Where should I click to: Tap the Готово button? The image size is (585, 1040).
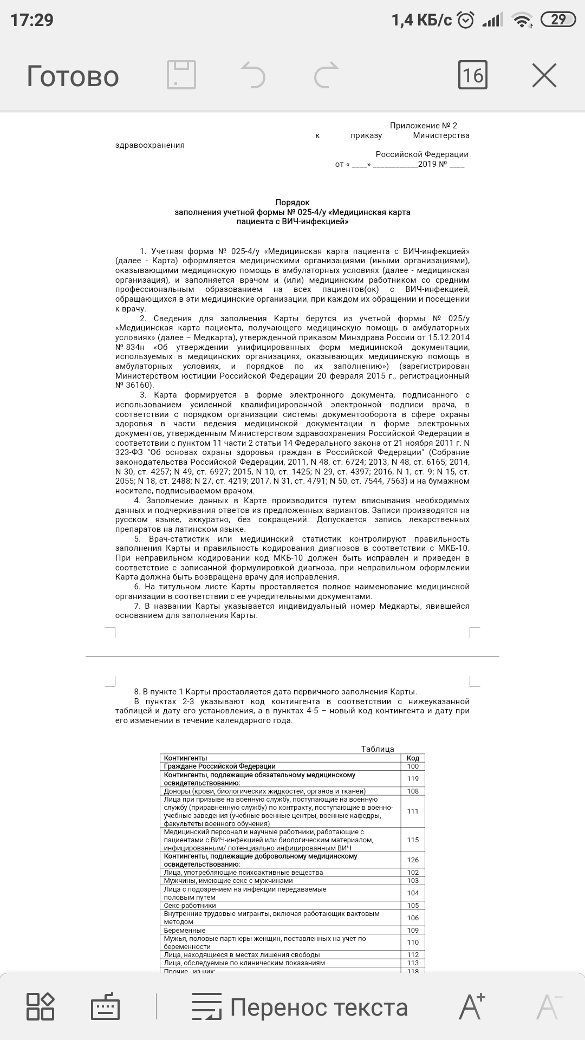pyautogui.click(x=73, y=76)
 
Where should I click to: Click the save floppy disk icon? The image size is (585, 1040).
pyautogui.click(x=181, y=75)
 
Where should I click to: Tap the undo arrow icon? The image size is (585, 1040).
pyautogui.click(x=253, y=75)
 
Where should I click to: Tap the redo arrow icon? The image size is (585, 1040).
pyautogui.click(x=326, y=75)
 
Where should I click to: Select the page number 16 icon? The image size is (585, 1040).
pyautogui.click(x=472, y=75)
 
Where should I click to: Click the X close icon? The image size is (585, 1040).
pyautogui.click(x=544, y=75)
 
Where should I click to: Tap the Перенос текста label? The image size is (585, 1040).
pyautogui.click(x=318, y=1007)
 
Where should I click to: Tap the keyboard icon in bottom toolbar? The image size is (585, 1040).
pyautogui.click(x=105, y=1007)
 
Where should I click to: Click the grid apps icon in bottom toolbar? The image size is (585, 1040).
pyautogui.click(x=41, y=1007)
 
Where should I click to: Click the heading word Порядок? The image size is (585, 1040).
pyautogui.click(x=292, y=203)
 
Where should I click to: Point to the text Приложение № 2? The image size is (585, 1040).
pyautogui.click(x=423, y=126)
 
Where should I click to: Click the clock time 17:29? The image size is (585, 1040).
pyautogui.click(x=32, y=20)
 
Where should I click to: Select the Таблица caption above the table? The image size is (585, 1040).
pyautogui.click(x=378, y=749)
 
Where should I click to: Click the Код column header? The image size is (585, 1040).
pyautogui.click(x=413, y=758)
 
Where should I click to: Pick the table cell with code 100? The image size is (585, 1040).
pyautogui.click(x=413, y=766)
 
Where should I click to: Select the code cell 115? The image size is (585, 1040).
pyautogui.click(x=413, y=840)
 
